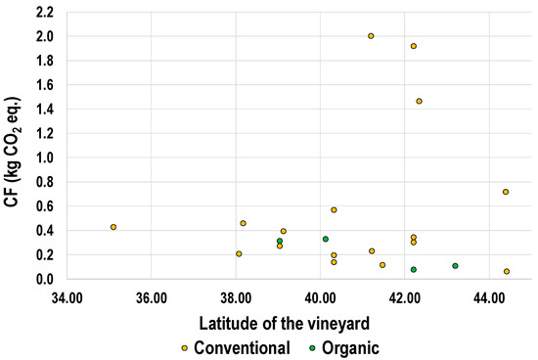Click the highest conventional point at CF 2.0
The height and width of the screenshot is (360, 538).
click(x=371, y=36)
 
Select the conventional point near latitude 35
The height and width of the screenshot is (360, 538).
click(x=113, y=227)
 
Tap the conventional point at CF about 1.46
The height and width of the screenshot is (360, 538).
click(x=419, y=102)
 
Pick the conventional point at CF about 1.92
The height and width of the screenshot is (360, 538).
click(x=414, y=46)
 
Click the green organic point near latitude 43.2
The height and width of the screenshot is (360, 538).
click(x=456, y=266)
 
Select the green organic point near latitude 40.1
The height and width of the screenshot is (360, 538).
click(x=326, y=239)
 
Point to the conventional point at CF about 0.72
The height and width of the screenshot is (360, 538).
click(x=506, y=192)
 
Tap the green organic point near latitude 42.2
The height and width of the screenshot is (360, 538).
click(x=414, y=270)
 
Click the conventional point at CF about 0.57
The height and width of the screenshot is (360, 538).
click(x=334, y=210)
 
